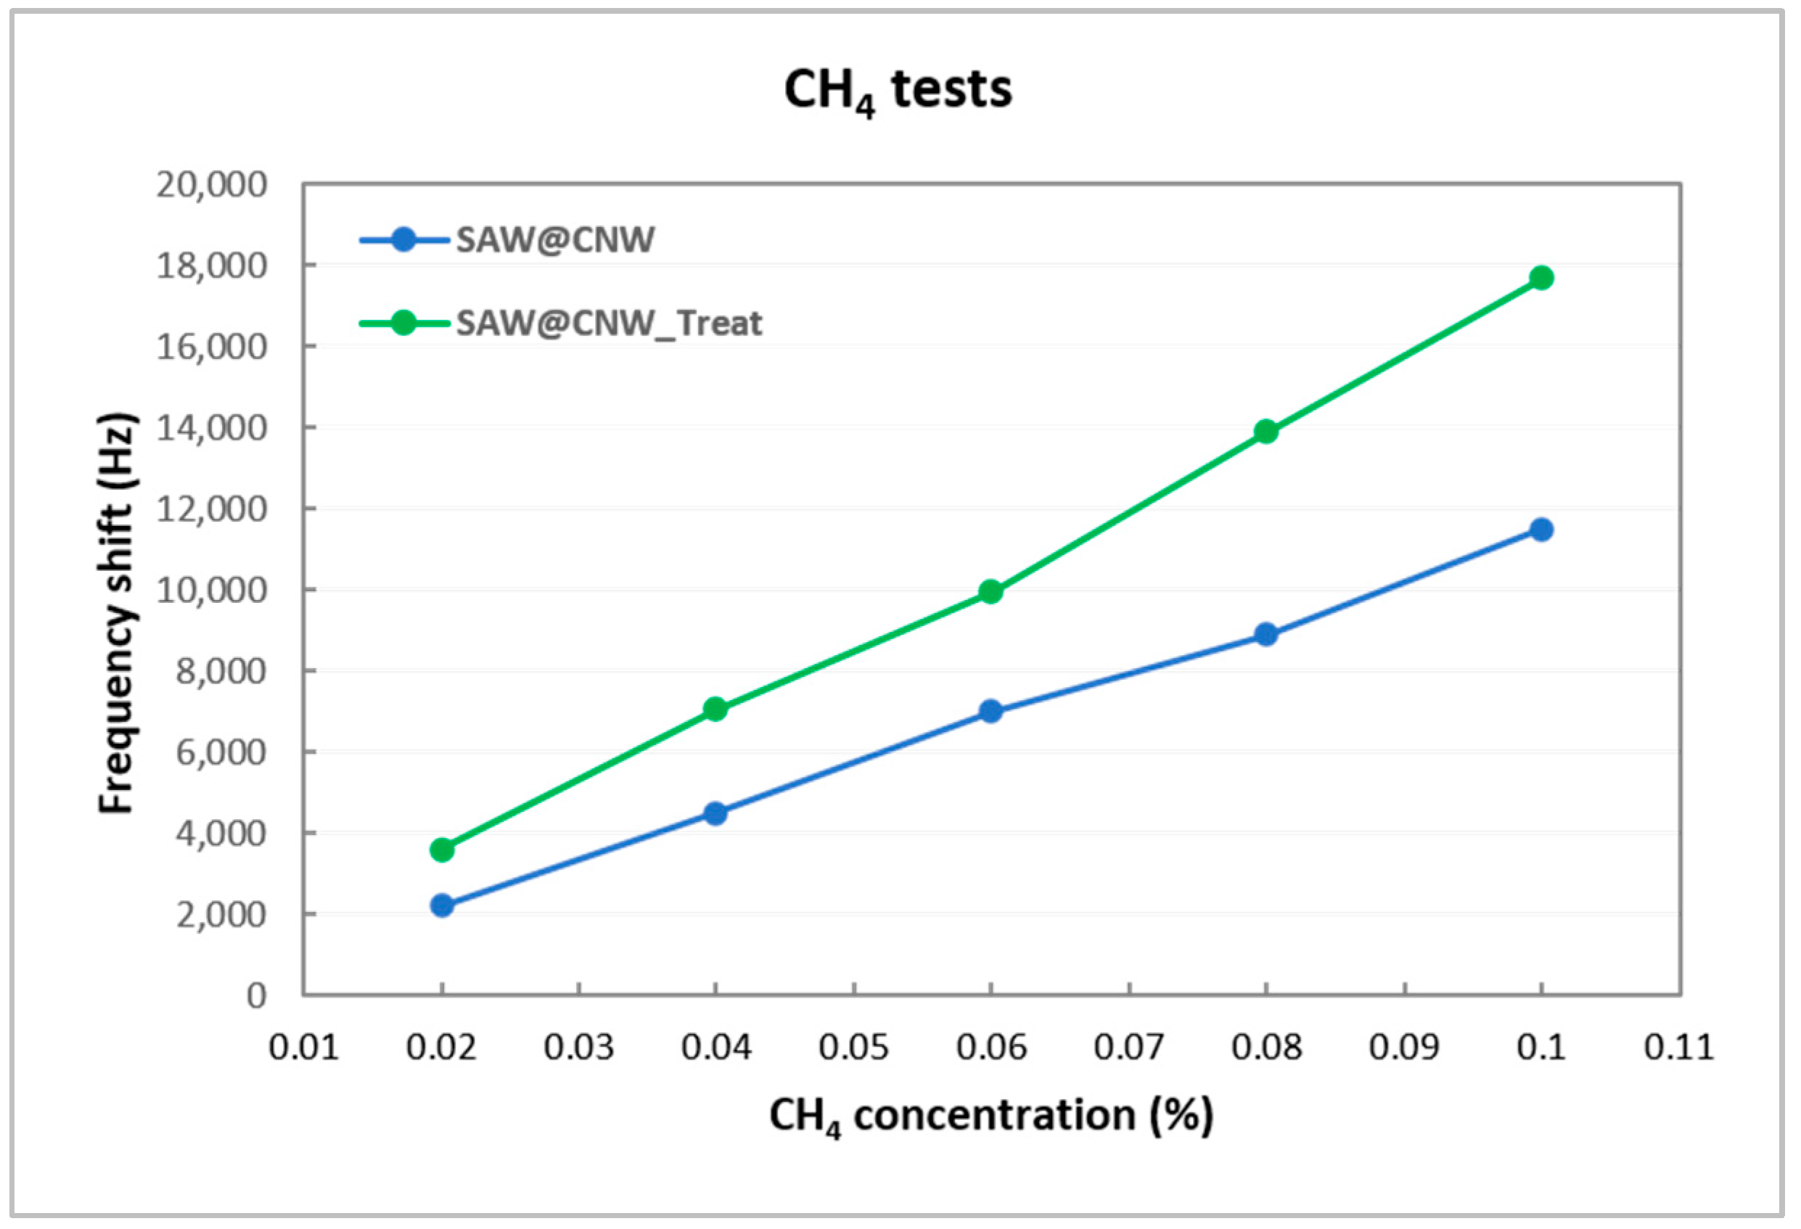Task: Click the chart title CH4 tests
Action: pos(898,91)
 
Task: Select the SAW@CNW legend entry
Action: pos(554,239)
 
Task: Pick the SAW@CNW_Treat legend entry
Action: pos(608,323)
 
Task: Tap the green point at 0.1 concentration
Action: pos(1541,277)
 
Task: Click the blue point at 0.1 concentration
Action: pos(1541,530)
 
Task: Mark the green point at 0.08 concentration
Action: pos(1265,431)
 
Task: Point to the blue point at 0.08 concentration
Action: pos(1265,635)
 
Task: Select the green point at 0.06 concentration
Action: pos(990,592)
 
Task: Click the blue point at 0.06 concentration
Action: pos(990,710)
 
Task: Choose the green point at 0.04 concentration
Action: pos(715,708)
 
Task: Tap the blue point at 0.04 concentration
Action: pos(715,813)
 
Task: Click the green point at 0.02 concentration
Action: pos(442,850)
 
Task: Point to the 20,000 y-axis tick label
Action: pos(210,185)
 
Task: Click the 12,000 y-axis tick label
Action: pos(210,510)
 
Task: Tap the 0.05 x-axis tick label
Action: pos(853,1048)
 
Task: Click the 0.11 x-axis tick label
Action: pos(1678,1048)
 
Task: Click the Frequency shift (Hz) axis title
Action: pos(117,612)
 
